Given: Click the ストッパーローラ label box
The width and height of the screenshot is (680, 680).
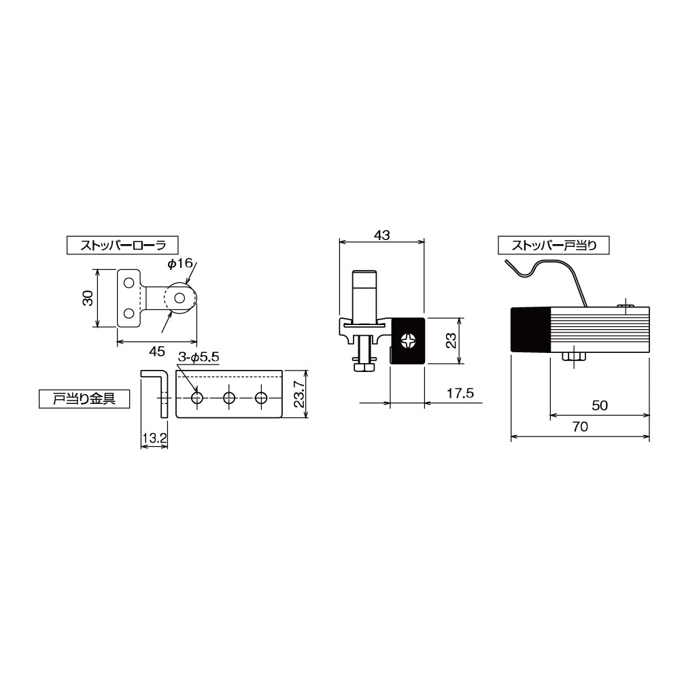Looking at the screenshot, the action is pos(122,245).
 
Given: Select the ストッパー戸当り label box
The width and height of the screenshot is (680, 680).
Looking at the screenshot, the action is pos(554,245).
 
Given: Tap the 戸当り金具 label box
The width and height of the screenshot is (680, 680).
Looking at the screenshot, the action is pos(84,399).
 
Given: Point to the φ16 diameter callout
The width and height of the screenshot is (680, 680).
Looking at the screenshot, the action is pos(180,263).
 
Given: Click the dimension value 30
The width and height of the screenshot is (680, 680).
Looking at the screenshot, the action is pos(88,298).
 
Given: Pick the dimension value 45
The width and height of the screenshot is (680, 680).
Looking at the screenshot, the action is pos(156,352).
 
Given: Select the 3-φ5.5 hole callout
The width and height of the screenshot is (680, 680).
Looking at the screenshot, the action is pos(199,358).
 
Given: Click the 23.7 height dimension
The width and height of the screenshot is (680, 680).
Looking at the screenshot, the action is pos(300,394).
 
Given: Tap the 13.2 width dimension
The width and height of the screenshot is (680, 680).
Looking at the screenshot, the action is pos(154,438).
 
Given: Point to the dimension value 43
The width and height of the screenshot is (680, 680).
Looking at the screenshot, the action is pos(381,235).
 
